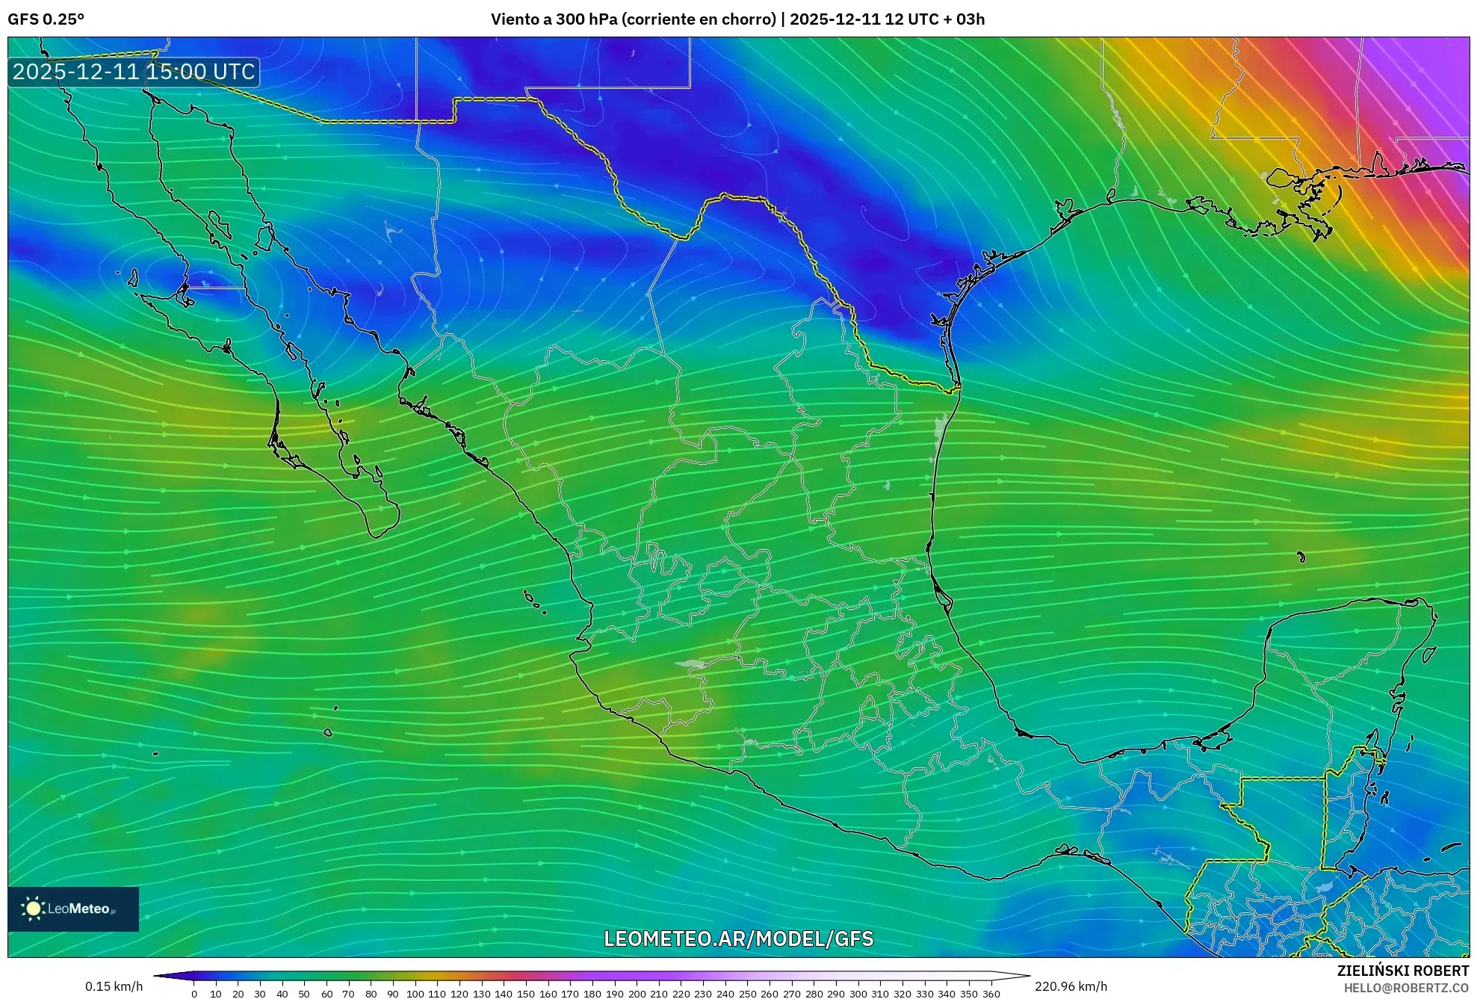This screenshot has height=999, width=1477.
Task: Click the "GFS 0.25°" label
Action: pos(46,19)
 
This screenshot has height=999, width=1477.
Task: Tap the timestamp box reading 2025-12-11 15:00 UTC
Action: pos(134,72)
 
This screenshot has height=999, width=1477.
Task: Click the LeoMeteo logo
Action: pos(73,909)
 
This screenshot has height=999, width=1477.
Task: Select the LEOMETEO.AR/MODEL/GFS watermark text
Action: pos(738,938)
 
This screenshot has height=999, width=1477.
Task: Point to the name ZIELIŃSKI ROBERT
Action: pos(1402,971)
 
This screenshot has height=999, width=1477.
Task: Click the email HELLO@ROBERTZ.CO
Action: pos(1406,988)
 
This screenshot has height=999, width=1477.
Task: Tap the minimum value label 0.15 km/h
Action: pos(114,986)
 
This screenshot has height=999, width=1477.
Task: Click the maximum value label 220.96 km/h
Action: pos(1071,986)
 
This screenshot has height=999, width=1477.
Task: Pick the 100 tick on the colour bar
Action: pos(415,994)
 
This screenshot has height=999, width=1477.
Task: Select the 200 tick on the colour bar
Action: pos(637,994)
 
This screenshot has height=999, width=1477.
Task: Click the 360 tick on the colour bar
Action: pos(991,994)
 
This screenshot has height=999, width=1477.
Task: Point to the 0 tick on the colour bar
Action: pos(194,994)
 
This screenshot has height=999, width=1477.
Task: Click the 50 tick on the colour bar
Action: pos(304,994)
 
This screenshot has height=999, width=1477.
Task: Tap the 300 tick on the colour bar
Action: pos(858,994)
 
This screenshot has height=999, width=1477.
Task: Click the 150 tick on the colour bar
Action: pos(526,994)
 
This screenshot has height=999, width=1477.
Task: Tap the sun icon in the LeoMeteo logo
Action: pos(33,909)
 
